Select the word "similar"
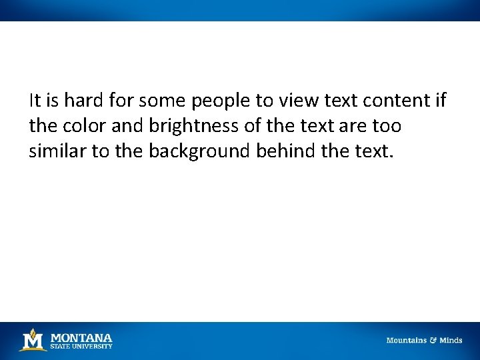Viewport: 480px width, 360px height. pyautogui.click(x=57, y=151)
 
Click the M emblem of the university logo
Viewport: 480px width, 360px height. pyautogui.click(x=32, y=340)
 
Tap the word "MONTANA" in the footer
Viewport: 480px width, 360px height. pyautogui.click(x=81, y=337)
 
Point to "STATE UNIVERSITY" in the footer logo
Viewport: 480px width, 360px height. pyautogui.click(x=81, y=346)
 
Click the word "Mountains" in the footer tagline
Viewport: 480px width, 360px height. pyautogui.click(x=407, y=341)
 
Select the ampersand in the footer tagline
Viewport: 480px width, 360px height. pyautogui.click(x=433, y=341)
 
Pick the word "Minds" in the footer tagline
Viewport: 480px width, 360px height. pyautogui.click(x=451, y=341)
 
